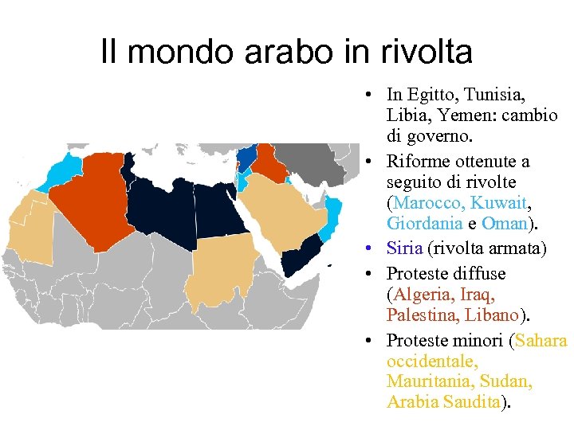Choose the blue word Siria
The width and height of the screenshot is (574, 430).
[404, 249]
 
